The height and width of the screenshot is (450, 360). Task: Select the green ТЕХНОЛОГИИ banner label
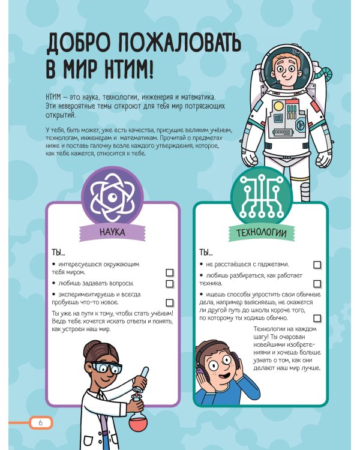pyautogui.click(x=260, y=232)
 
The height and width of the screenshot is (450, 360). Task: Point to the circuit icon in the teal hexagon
pyautogui.click(x=260, y=196)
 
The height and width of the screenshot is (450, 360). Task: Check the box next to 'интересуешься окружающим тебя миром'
pyautogui.click(x=169, y=272)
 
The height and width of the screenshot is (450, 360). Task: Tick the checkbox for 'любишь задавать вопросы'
pyautogui.click(x=169, y=283)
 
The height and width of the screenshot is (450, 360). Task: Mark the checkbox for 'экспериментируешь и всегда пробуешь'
pyautogui.click(x=169, y=302)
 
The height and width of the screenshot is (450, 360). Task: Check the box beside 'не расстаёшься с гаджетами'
pyautogui.click(x=317, y=265)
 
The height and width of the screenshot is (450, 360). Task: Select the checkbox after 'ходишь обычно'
pyautogui.click(x=317, y=317)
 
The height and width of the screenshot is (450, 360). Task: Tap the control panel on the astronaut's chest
pyautogui.click(x=286, y=121)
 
